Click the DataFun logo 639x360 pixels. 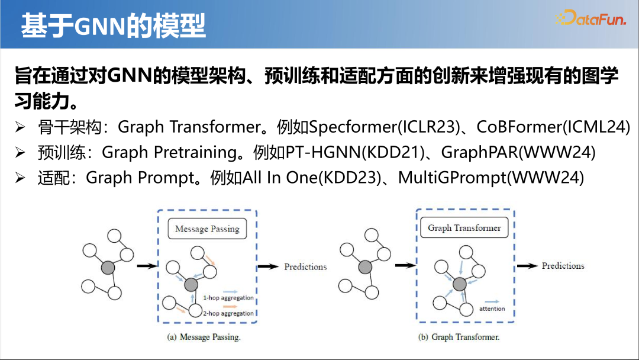point(590,18)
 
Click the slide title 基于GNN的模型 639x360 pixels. point(113,25)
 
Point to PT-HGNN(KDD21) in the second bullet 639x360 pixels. point(355,153)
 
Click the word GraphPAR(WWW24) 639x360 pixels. point(518,153)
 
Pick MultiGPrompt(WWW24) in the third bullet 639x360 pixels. point(491,178)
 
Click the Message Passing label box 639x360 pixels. point(207,229)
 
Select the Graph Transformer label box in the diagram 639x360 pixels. point(464,228)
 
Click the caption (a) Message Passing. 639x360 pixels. point(204,337)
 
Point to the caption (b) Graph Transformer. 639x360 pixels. point(459,337)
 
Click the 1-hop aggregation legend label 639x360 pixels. point(228,298)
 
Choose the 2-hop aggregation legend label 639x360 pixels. point(228,314)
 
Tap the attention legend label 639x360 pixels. point(492,308)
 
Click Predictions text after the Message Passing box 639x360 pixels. point(305,267)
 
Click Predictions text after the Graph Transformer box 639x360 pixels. point(563,266)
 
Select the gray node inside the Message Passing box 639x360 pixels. point(191,285)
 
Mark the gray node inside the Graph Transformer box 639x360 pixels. point(459,284)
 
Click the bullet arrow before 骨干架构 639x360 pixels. point(20,127)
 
